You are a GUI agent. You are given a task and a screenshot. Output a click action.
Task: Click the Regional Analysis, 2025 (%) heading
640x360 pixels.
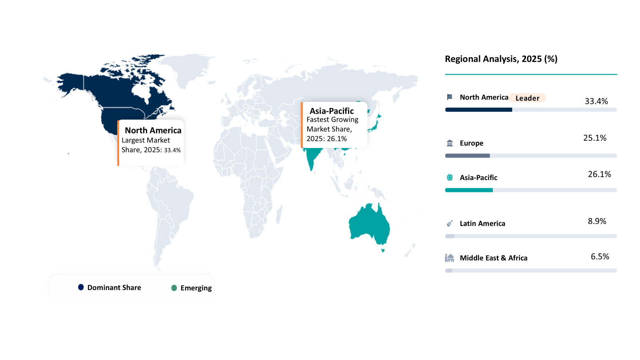point(501,59)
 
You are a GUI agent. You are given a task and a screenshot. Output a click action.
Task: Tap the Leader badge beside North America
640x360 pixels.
point(527,98)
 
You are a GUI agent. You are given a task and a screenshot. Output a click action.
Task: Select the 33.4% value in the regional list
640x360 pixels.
point(596,101)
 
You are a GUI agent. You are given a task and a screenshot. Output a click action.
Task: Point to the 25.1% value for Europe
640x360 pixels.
point(594,138)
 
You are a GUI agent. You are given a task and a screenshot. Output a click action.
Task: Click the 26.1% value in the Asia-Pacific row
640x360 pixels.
point(599,174)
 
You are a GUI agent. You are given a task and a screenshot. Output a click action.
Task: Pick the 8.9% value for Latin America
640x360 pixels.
point(597,221)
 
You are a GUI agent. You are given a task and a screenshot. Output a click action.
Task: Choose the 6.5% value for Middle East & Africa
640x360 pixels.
point(600,257)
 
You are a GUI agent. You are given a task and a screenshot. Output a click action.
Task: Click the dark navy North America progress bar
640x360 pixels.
point(478,110)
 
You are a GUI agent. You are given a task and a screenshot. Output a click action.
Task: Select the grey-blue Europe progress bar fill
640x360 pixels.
point(467,156)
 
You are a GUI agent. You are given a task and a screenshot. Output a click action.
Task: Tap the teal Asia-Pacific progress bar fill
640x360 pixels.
point(469,190)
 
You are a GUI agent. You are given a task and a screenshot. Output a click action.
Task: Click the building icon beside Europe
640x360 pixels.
point(450,143)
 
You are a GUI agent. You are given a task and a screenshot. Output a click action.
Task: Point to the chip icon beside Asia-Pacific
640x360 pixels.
point(450,178)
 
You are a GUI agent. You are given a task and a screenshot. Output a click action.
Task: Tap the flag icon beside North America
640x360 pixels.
point(450,97)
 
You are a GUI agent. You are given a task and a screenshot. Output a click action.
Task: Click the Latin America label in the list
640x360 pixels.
point(482,224)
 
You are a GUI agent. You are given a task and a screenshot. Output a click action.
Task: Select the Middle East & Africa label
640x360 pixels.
point(494,258)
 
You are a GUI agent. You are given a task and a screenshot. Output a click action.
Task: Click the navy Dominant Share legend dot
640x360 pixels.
point(81,287)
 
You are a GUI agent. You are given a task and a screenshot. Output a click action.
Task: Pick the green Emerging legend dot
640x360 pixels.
point(174,288)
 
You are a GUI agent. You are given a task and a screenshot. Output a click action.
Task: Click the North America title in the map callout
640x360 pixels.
point(153,130)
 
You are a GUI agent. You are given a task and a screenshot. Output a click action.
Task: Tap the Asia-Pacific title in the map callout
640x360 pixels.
point(332,111)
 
